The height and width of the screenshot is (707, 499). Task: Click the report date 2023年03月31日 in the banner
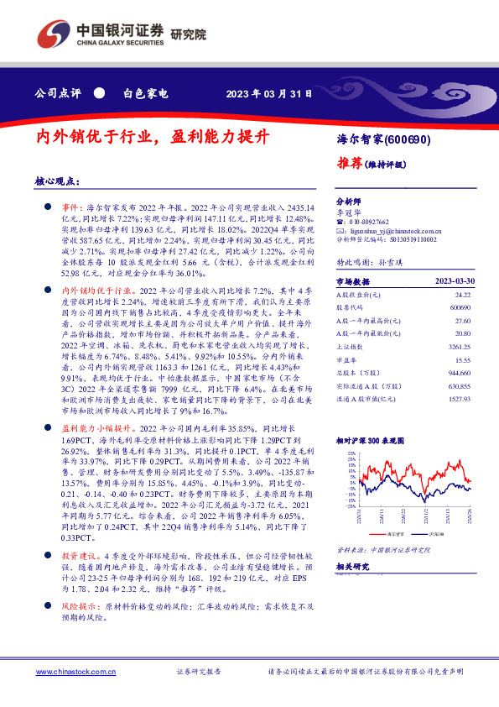(271, 93)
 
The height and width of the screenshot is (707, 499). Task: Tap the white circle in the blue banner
(100, 93)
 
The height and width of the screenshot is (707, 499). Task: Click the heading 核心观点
(57, 181)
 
